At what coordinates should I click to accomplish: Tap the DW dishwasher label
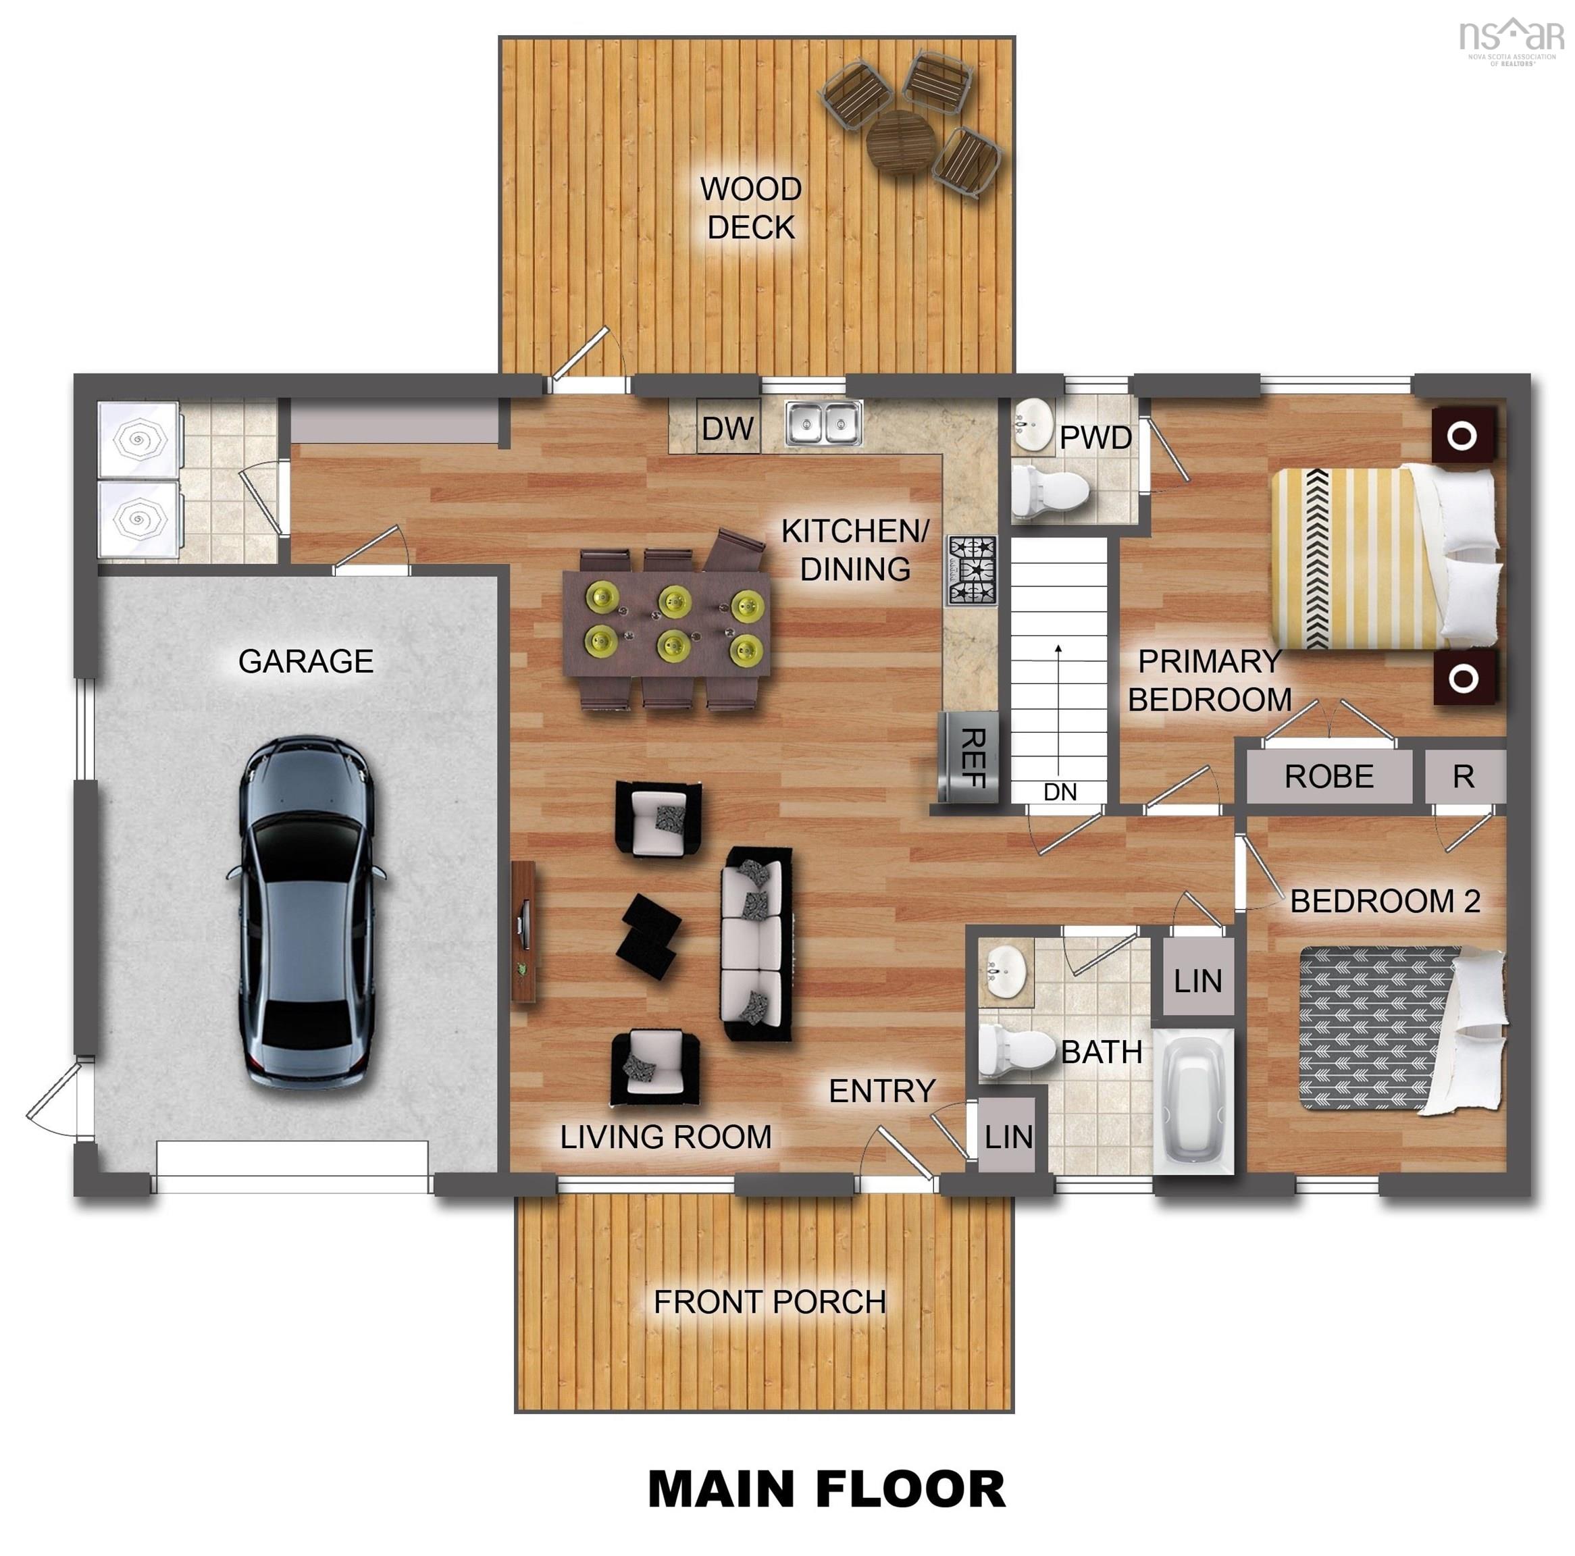pyautogui.click(x=727, y=429)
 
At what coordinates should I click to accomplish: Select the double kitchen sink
pyautogui.click(x=823, y=423)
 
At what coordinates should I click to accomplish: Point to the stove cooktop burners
pyautogui.click(x=972, y=570)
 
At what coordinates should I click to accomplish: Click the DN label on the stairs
pyautogui.click(x=1060, y=792)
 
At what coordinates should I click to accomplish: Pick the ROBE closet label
pyautogui.click(x=1328, y=777)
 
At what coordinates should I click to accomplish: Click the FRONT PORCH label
pyautogui.click(x=769, y=1301)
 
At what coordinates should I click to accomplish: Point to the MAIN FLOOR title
pyautogui.click(x=826, y=1488)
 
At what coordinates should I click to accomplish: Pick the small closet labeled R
pyautogui.click(x=1464, y=777)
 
